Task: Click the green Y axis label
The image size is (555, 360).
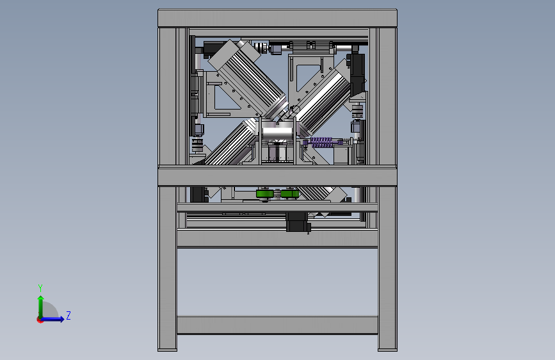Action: point(40,288)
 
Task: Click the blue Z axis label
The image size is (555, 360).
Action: point(68,315)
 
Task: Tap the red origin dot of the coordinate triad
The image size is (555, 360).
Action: point(40,320)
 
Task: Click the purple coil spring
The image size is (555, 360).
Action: point(321,142)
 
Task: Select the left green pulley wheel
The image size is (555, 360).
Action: point(265,194)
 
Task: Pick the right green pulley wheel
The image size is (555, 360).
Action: point(290,194)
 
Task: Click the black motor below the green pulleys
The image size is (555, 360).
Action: point(296,222)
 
